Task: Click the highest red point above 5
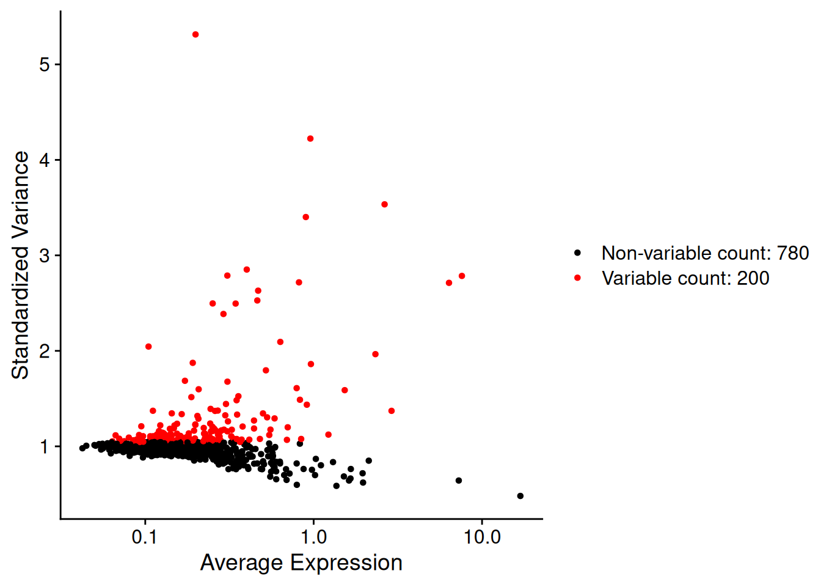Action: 195,35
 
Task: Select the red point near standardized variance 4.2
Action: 310,139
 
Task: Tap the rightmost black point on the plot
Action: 520,496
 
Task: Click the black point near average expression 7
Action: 459,481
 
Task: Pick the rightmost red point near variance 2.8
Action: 462,276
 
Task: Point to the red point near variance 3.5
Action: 384,205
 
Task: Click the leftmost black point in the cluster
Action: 82,448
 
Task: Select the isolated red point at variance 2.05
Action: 148,347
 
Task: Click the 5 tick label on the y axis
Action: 45,65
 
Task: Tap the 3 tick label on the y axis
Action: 45,256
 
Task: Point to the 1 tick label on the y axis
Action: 45,447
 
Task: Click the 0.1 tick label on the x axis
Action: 145,537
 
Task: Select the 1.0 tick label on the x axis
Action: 313,537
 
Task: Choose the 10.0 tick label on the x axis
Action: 482,537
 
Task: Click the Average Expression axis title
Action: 301,563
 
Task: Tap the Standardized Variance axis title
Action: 20,265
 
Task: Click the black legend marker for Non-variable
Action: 577,253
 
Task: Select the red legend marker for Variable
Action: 577,278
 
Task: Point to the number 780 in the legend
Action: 792,253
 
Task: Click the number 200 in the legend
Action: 753,278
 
